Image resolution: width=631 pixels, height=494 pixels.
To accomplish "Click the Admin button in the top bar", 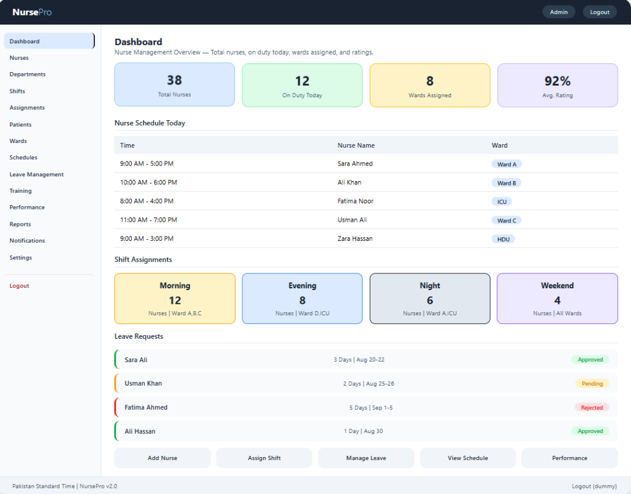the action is (558, 12).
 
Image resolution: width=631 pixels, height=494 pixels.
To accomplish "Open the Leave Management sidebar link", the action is (36, 174).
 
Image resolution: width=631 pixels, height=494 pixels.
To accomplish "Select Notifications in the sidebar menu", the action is (27, 241).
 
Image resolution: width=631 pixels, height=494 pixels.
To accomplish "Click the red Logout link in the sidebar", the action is (19, 286).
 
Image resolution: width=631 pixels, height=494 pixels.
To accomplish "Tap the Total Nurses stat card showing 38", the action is (174, 84).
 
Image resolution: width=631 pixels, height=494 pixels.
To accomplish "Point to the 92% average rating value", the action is (557, 81).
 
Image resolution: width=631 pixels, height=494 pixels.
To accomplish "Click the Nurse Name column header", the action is (356, 145).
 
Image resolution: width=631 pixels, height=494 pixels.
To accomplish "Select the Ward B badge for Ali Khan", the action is (507, 183).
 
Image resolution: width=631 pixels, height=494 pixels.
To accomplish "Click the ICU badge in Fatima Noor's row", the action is (502, 201).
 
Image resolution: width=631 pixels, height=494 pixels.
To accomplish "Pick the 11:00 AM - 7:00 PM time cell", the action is (149, 220).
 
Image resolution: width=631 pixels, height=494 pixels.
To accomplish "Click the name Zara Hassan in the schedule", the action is (355, 238).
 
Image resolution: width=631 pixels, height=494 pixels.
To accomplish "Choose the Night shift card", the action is (429, 299).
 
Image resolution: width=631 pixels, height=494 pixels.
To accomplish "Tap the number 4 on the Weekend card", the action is (557, 301).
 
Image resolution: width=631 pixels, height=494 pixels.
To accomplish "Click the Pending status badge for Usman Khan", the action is (592, 383).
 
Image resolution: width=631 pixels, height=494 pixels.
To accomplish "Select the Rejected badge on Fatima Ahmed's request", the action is (592, 408).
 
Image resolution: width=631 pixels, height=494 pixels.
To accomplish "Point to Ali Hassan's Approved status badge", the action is (590, 431).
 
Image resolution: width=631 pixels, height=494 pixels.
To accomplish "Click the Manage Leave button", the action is (366, 458).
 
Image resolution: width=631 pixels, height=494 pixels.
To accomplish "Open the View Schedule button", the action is (468, 458).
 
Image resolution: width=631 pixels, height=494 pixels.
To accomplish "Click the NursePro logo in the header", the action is (32, 12).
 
